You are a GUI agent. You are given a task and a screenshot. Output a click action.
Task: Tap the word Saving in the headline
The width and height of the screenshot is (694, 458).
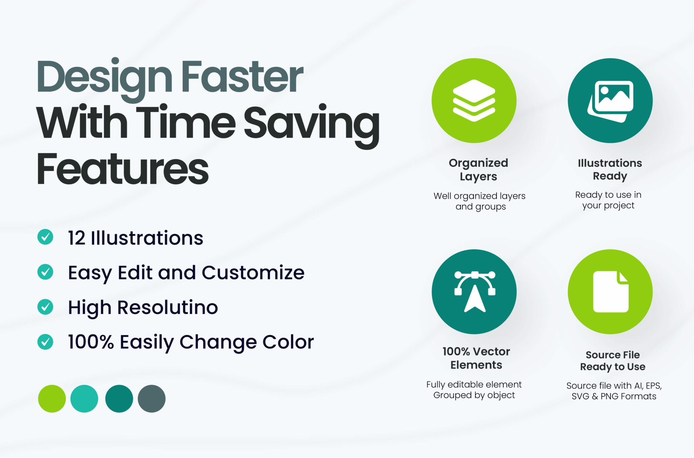coord(311,125)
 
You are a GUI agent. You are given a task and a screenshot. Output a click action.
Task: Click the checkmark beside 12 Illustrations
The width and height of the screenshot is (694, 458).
coord(45,237)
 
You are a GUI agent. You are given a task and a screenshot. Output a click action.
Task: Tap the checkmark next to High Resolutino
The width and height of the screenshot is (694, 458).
coord(45,307)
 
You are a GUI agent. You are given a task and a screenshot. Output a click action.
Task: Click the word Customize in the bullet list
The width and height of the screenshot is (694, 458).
coord(253,272)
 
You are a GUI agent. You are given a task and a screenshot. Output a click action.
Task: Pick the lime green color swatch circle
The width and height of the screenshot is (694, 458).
coord(52,399)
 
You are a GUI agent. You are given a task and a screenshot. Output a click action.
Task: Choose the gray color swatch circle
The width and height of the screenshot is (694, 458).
coord(151,399)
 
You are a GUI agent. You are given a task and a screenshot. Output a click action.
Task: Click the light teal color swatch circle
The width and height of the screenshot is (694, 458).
coord(84,399)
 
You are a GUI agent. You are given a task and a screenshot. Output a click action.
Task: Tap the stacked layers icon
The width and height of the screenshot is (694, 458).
coord(474,101)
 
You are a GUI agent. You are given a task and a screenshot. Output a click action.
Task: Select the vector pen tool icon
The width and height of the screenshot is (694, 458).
coord(475,291)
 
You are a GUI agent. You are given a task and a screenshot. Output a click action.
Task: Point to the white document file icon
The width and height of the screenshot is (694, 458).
coord(611,292)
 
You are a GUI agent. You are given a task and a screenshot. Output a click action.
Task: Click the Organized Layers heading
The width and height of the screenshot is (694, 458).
coord(478,169)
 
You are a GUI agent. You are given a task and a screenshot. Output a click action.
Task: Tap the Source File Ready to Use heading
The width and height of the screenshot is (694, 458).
coord(613,360)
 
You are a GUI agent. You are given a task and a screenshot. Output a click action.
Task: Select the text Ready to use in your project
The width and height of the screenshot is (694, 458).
coord(608,200)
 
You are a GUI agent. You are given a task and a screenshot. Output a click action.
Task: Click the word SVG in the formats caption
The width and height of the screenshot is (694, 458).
coord(580,396)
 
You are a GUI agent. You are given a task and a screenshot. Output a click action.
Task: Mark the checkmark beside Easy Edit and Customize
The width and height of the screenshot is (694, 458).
coord(45,272)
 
